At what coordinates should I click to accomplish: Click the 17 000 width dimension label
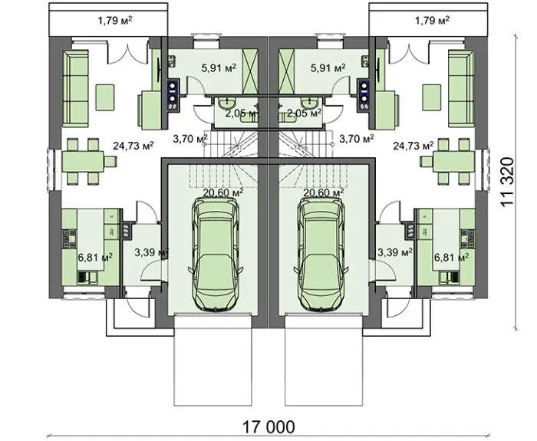pyautogui.click(x=268, y=427)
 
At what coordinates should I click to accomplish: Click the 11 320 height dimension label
pyautogui.click(x=508, y=182)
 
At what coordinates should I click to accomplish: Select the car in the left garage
pyautogui.click(x=216, y=255)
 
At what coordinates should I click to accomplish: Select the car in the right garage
pyautogui.click(x=321, y=255)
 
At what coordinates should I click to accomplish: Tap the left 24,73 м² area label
pyautogui.click(x=133, y=146)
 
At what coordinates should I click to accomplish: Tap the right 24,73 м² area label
pyautogui.click(x=413, y=146)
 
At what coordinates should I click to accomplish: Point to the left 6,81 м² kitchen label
pyautogui.click(x=95, y=257)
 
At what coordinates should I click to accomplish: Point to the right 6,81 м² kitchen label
pyautogui.click(x=451, y=257)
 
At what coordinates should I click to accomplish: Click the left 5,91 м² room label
pyautogui.click(x=219, y=67)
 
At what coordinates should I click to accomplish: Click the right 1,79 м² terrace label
pyautogui.click(x=433, y=21)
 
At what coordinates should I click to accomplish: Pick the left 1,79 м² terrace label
pyautogui.click(x=115, y=21)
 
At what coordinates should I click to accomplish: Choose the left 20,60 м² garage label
pyautogui.click(x=223, y=193)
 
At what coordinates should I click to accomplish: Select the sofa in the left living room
pyautogui.click(x=75, y=88)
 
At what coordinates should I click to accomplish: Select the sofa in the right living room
pyautogui.click(x=461, y=88)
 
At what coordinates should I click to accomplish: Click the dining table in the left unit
pyautogui.click(x=83, y=161)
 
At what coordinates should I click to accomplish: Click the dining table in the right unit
pyautogui.click(x=454, y=161)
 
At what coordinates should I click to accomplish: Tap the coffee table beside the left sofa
pyautogui.click(x=105, y=97)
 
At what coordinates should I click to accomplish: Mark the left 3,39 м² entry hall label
pyautogui.click(x=150, y=252)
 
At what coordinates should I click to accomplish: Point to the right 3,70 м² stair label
pyautogui.click(x=356, y=139)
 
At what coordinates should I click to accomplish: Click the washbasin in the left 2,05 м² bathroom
pyautogui.click(x=226, y=102)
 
